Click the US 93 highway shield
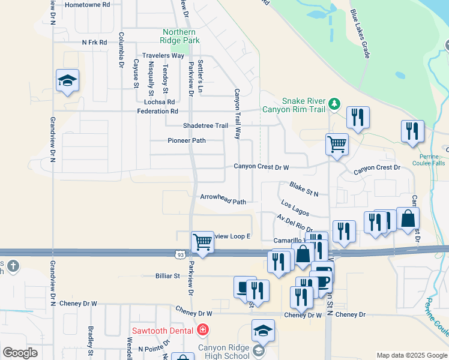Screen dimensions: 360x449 [181, 255]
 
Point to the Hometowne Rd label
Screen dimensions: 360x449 [88, 4]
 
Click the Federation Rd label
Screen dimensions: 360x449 [157, 111]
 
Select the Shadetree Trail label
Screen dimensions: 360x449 [205, 125]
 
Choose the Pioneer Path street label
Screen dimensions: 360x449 [186, 140]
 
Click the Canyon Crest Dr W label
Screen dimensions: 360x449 [261, 167]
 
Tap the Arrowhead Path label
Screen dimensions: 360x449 [223, 199]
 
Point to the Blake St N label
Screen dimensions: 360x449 [304, 189]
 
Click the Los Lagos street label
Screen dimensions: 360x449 [295, 208]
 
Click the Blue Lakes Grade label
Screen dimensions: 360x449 [360, 34]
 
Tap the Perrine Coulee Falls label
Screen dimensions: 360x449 [429, 159]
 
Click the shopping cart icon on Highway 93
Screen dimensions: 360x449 [202, 243]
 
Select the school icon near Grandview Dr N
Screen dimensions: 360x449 [68, 81]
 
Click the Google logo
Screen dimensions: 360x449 [20, 353]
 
